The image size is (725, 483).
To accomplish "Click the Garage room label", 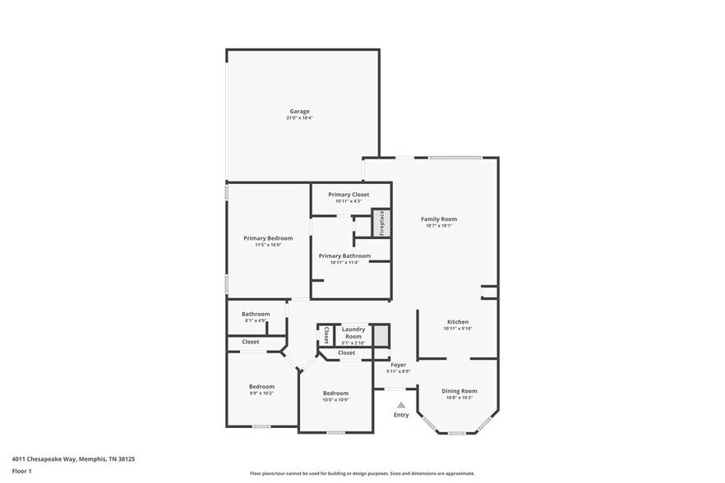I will [x=299, y=111].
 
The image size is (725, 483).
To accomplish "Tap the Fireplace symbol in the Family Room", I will [x=381, y=223].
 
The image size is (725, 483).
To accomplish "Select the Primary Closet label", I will [x=349, y=195].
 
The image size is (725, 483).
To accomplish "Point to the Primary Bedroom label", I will [x=268, y=238].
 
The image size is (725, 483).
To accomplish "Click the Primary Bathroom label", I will [x=344, y=255].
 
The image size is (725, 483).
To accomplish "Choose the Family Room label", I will [x=439, y=219].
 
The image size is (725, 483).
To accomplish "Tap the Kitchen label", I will [x=458, y=321].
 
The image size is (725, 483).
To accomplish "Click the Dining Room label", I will [x=459, y=391].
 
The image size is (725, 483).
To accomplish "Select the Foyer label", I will [x=399, y=365].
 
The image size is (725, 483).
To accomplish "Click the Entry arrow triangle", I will [x=401, y=405].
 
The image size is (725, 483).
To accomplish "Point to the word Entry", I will [x=401, y=416].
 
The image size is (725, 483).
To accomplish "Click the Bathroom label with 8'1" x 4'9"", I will [x=256, y=314].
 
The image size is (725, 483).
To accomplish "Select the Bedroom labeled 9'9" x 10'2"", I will [x=261, y=387].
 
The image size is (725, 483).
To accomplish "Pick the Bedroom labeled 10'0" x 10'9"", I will [x=335, y=393].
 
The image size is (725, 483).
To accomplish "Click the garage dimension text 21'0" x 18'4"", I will [x=299, y=118].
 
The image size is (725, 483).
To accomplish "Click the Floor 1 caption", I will [x=21, y=471].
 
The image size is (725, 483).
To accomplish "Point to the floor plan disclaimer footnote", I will [x=362, y=473].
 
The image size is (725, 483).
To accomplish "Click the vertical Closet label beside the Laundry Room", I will [x=326, y=334].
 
